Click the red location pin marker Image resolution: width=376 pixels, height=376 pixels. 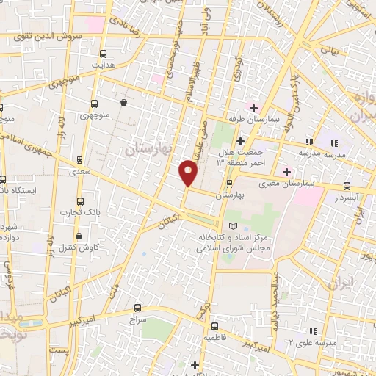[x=189, y=174]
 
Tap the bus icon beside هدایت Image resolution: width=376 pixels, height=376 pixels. [x=102, y=54]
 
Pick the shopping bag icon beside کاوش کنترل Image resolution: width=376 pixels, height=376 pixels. [x=88, y=234]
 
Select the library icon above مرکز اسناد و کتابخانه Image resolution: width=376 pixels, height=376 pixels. [x=234, y=226]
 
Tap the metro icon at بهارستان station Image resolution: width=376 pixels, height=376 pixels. [x=230, y=184]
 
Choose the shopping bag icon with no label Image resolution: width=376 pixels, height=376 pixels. [x=123, y=103]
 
